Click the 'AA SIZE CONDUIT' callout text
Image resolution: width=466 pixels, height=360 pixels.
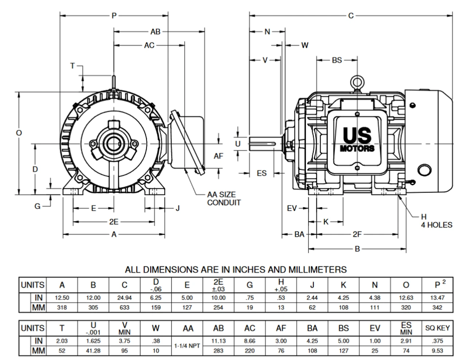(224, 199)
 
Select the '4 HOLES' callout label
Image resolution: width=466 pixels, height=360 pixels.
(437, 225)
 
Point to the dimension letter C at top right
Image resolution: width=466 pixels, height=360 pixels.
(351, 16)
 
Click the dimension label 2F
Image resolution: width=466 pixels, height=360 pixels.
(357, 234)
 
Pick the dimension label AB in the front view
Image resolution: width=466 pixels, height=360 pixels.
(155, 32)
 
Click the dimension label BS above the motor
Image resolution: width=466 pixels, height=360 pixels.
(337, 60)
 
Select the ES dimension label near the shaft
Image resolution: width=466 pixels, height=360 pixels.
(262, 173)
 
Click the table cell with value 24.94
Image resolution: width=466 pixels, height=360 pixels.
(125, 298)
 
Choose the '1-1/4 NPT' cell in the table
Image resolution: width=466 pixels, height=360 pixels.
(187, 346)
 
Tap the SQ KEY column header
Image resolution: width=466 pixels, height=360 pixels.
(437, 328)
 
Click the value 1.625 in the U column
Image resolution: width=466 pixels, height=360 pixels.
(93, 341)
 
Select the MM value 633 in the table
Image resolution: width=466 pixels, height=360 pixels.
(125, 308)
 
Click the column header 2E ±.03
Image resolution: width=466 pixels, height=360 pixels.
(218, 285)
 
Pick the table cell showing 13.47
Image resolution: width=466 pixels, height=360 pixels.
(437, 298)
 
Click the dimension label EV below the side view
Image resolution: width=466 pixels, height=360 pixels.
(292, 208)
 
